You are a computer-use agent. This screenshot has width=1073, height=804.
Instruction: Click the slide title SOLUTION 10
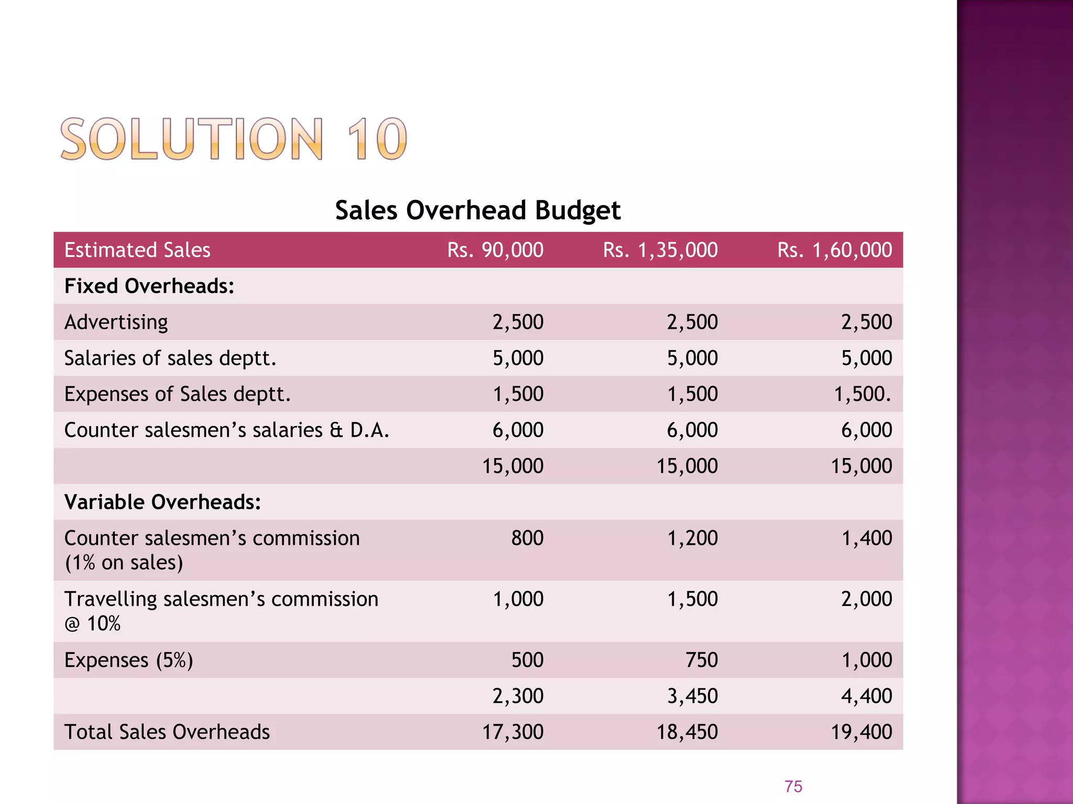pos(233,139)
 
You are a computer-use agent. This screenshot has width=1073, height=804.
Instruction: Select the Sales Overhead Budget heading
pos(477,210)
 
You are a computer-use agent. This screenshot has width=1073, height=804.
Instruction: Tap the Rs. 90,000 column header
pos(495,250)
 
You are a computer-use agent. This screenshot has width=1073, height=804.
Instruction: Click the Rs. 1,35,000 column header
pos(660,250)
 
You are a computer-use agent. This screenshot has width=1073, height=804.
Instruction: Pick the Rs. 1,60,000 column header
pos(835,250)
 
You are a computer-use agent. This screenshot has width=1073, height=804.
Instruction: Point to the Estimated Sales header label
pos(137,250)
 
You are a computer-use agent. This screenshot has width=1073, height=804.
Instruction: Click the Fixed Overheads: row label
pos(149,286)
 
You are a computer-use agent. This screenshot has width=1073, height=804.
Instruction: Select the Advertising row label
pos(116,322)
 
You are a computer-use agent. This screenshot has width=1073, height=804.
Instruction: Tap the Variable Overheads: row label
pos(162,502)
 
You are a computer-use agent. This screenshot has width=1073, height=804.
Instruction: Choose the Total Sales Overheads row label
pos(167,732)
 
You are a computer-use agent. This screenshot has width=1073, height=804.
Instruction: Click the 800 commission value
pos(527,538)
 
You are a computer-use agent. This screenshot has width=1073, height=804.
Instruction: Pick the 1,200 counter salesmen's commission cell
pos(692,538)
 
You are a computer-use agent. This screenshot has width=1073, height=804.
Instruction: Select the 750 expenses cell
pos(702,660)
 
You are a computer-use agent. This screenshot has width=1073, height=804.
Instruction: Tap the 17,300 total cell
pos(512,732)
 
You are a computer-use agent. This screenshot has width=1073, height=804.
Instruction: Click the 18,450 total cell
pos(687,732)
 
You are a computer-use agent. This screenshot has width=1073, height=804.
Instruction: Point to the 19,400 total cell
pos(861,732)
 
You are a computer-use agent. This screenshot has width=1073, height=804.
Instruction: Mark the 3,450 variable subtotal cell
pos(692,696)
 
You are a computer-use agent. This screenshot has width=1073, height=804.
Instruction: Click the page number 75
pos(793,786)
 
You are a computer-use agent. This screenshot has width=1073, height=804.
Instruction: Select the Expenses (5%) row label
pos(128,660)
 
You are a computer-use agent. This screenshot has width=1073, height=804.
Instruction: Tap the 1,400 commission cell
pos(867,538)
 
